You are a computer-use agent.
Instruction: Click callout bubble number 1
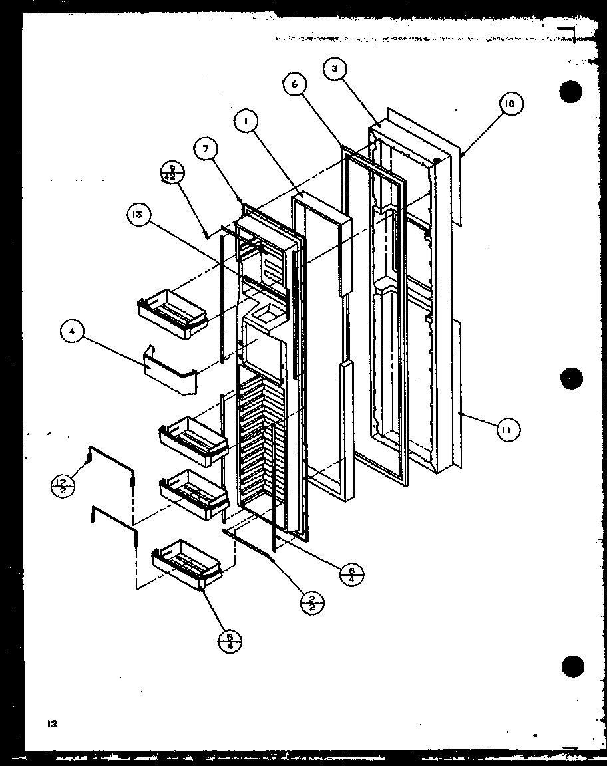[x=246, y=122]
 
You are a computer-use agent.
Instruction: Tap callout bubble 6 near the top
[x=294, y=84]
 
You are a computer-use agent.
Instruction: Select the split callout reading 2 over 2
[x=312, y=602]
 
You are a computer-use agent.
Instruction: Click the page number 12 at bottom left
[x=52, y=724]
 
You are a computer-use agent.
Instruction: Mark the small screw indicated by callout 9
[x=206, y=233]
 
